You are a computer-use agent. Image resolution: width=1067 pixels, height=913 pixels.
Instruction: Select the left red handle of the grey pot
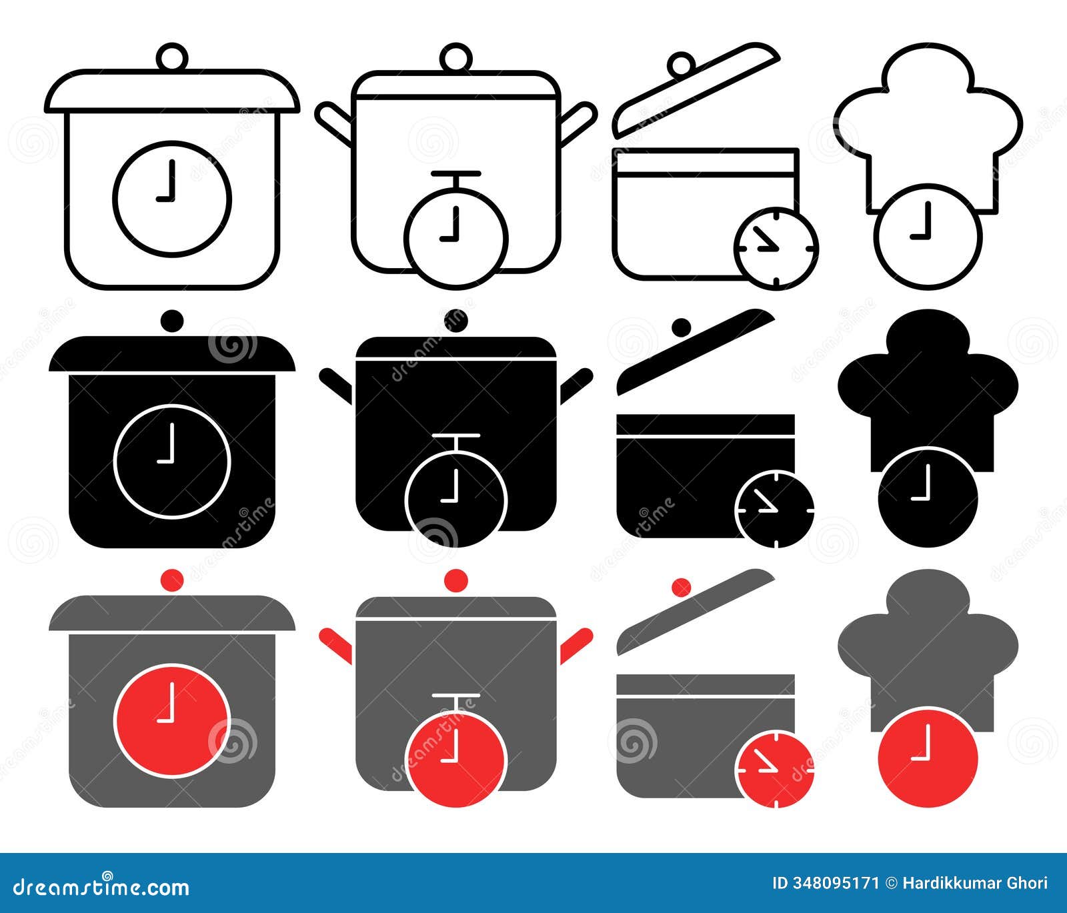click(x=335, y=645)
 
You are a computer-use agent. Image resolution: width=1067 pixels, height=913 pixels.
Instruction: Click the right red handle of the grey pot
click(x=576, y=645)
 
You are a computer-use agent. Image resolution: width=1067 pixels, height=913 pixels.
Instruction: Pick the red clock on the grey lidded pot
click(x=173, y=720)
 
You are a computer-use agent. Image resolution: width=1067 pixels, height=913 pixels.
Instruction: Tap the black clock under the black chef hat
click(x=928, y=498)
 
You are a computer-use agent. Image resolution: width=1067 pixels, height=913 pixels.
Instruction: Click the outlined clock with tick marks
click(x=776, y=249)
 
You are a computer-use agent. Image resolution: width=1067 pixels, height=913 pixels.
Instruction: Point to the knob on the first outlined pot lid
click(x=172, y=56)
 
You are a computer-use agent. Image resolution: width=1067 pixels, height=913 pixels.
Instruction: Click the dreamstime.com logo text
click(x=101, y=886)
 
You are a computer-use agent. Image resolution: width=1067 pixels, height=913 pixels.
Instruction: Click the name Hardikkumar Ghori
click(x=974, y=883)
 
